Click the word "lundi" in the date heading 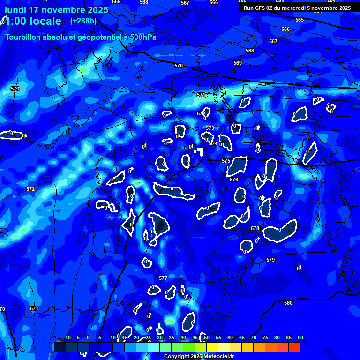pyautogui.click(x=16, y=10)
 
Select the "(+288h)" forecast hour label pyautogui.click(x=83, y=21)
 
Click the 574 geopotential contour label pyautogui.click(x=213, y=144)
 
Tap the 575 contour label pyautogui.click(x=226, y=161)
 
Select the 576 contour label pyautogui.click(x=234, y=180)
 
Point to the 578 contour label pyautogui.click(x=255, y=228)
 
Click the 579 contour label pyautogui.click(x=270, y=260)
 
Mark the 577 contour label pyautogui.click(x=163, y=278)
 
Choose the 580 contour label pyautogui.click(x=288, y=303)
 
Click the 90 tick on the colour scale pyautogui.click(x=300, y=337)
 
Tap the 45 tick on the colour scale pyautogui.click(x=195, y=337)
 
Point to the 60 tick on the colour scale pyautogui.click(x=230, y=337)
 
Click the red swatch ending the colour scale pyautogui.click(x=294, y=347)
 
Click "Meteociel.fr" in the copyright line pyautogui.click(x=218, y=356)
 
